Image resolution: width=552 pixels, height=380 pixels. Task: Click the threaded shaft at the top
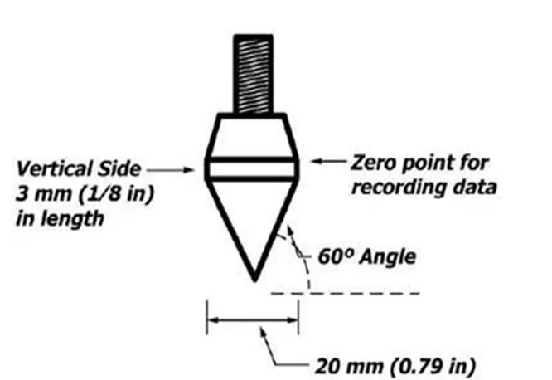tap(253, 74)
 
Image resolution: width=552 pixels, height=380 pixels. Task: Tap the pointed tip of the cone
tap(255, 281)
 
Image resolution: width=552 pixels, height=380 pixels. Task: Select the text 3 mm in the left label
tap(44, 193)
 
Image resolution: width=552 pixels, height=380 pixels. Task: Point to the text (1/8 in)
tap(116, 193)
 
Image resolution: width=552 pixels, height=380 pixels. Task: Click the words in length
tap(60, 218)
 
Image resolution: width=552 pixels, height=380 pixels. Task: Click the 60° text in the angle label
tap(335, 256)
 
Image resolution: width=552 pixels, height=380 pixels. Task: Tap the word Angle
tap(388, 257)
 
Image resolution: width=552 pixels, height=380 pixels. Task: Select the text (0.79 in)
tap(433, 366)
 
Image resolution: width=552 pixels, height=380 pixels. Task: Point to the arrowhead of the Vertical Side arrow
tap(189, 170)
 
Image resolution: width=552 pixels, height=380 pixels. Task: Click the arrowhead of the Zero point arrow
tap(317, 161)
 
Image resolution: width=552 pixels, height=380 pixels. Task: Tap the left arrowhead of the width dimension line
tap(213, 320)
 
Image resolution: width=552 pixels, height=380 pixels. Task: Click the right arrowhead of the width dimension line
tap(293, 320)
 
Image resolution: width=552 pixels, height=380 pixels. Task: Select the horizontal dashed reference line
tap(346, 293)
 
